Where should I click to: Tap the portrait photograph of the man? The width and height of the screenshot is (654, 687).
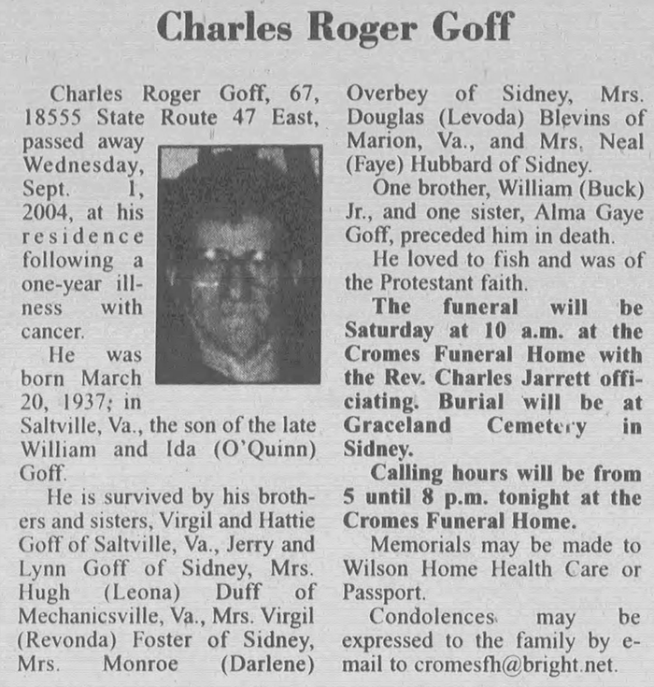point(239,264)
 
